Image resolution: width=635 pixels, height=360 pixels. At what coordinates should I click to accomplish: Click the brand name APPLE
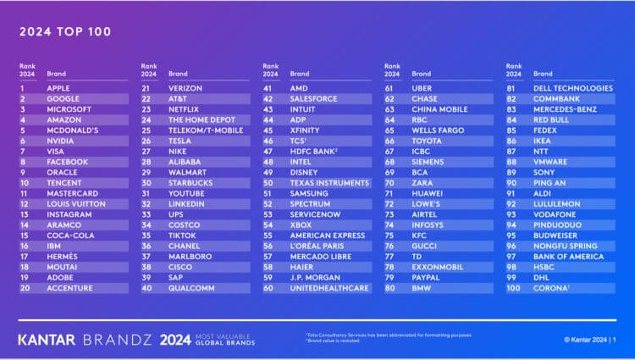(x=58, y=88)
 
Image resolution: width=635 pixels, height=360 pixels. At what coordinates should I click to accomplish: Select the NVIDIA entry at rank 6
(x=61, y=141)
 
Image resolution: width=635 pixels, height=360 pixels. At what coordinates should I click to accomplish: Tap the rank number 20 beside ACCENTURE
(x=25, y=288)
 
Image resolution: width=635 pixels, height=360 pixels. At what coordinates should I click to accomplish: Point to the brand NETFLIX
(x=184, y=109)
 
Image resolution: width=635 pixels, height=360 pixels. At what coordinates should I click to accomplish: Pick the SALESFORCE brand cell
(x=313, y=98)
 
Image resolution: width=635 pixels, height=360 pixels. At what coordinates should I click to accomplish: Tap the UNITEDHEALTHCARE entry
(x=329, y=288)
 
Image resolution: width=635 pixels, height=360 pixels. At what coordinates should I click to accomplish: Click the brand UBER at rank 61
(x=422, y=88)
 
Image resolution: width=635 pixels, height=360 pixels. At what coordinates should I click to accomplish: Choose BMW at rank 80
(x=421, y=288)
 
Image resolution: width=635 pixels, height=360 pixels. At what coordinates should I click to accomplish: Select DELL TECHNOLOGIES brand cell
(x=572, y=88)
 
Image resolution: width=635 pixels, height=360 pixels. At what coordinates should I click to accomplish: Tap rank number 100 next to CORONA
(x=512, y=288)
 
